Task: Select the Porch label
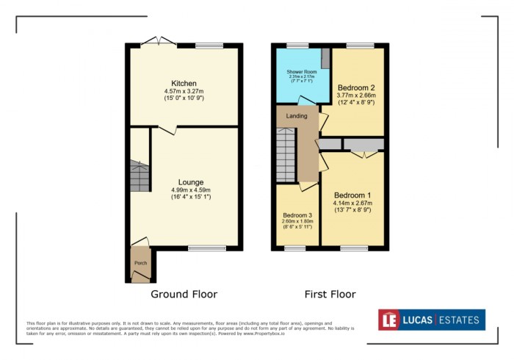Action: pyautogui.click(x=140, y=262)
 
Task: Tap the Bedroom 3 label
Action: pyautogui.click(x=297, y=215)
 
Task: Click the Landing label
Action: pyautogui.click(x=297, y=116)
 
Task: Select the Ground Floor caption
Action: pyautogui.click(x=184, y=294)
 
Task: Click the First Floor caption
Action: pyautogui.click(x=330, y=294)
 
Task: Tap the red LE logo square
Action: pyautogui.click(x=391, y=320)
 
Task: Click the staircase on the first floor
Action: pyautogui.click(x=286, y=154)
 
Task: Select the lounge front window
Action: pyautogui.click(x=206, y=248)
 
